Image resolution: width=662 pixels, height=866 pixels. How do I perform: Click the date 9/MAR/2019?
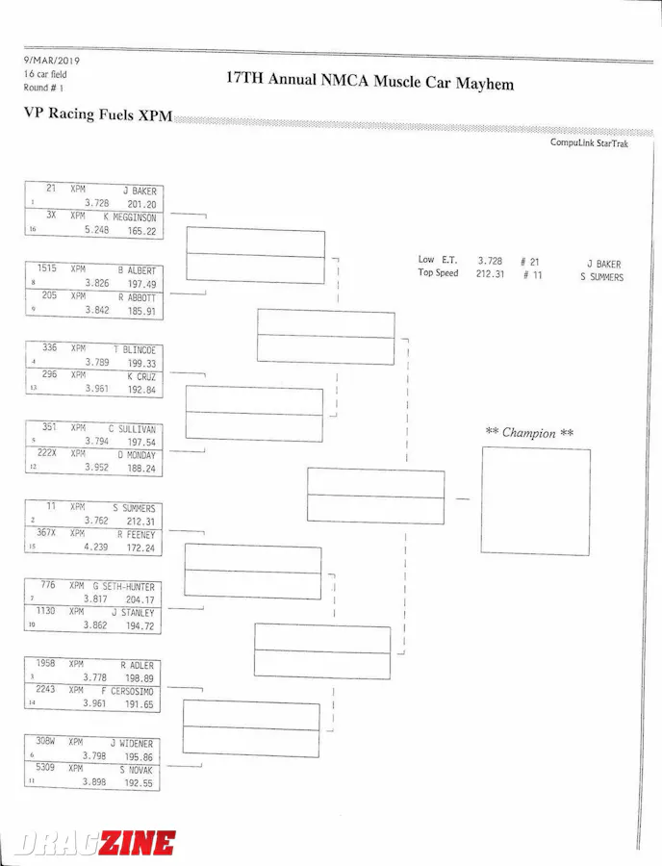(x=52, y=61)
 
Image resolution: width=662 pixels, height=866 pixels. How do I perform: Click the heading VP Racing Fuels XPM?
(x=98, y=114)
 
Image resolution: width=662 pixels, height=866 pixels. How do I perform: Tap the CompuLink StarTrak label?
(x=589, y=143)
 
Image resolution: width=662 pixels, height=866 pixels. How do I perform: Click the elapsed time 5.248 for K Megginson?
(x=96, y=231)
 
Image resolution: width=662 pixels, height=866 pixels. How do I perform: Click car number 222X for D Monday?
(x=47, y=453)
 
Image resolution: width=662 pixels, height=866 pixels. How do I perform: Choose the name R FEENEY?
(x=136, y=534)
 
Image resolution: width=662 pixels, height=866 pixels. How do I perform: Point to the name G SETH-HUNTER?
(x=124, y=587)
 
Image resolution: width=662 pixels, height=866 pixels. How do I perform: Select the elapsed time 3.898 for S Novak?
(x=96, y=782)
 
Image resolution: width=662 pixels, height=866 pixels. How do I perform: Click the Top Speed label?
(x=438, y=273)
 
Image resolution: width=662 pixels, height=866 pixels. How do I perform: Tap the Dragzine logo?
(x=94, y=843)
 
